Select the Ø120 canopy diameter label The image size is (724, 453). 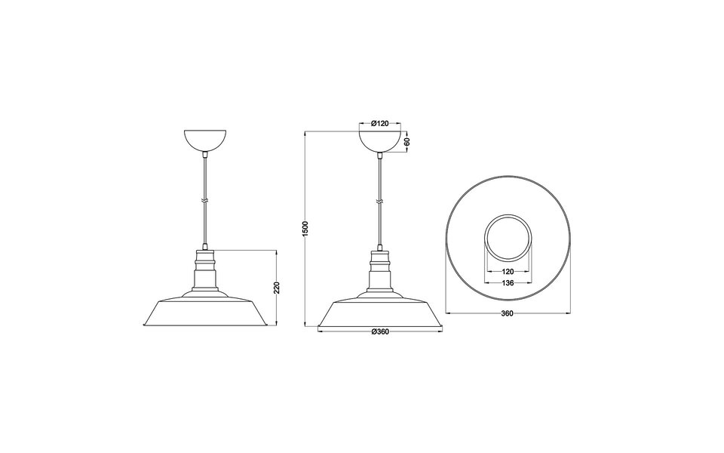pyautogui.click(x=380, y=123)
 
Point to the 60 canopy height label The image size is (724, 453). pyautogui.click(x=407, y=141)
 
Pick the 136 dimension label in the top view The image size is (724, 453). pyautogui.click(x=509, y=283)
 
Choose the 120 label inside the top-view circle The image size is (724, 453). pyautogui.click(x=509, y=270)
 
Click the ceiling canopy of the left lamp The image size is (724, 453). pyautogui.click(x=205, y=140)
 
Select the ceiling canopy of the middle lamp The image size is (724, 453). pyautogui.click(x=380, y=141)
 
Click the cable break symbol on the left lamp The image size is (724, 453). pyautogui.click(x=205, y=200)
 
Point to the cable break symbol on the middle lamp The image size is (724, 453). pyautogui.click(x=380, y=201)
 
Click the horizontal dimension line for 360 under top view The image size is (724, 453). pyautogui.click(x=468, y=311)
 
